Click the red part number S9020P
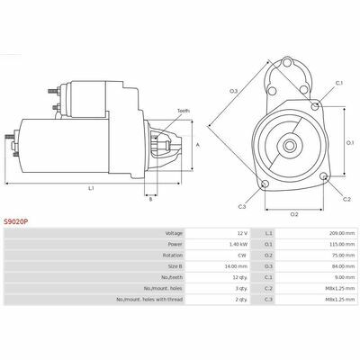pos(15,222)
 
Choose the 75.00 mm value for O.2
pos(345,256)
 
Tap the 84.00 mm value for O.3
pos(345,266)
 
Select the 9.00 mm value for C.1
pos(346,277)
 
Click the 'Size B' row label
pos(175,266)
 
